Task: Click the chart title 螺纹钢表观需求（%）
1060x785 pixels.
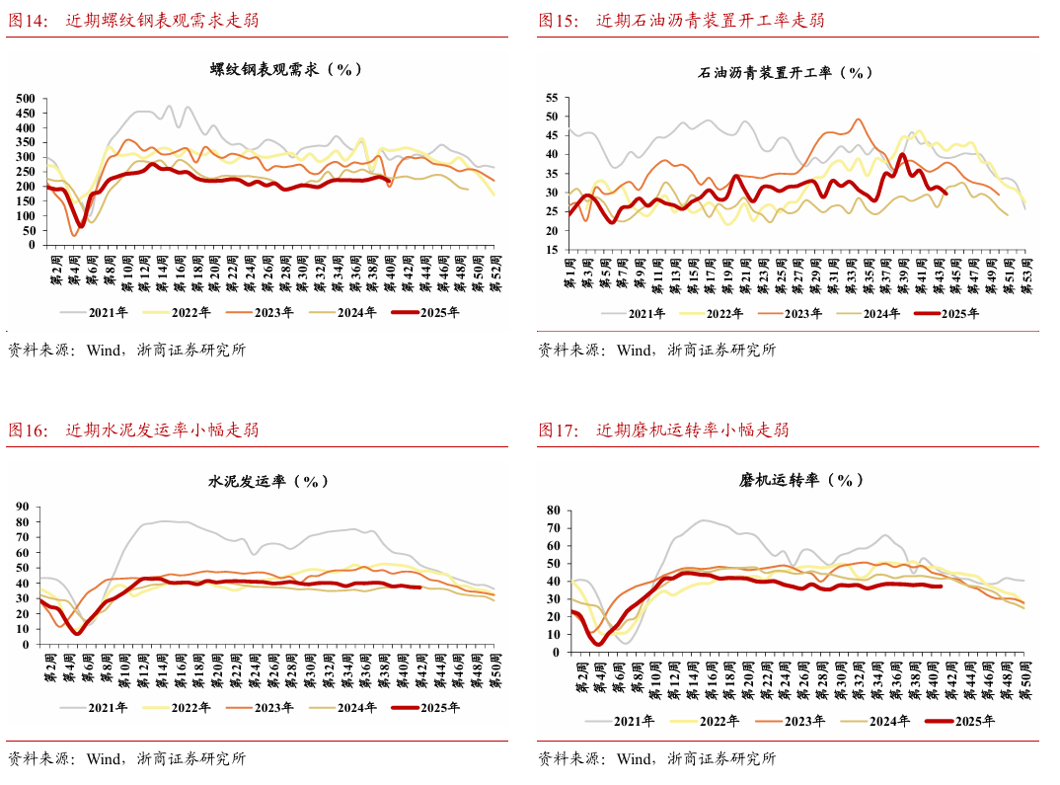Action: [286, 70]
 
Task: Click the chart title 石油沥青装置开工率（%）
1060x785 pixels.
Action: [786, 72]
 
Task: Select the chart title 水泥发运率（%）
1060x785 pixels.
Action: [267, 482]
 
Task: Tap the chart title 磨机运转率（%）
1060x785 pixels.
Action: [801, 481]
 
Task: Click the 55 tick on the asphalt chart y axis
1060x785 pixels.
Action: [551, 98]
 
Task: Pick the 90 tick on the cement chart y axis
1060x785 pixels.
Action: [22, 508]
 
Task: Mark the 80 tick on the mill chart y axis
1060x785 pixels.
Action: [553, 510]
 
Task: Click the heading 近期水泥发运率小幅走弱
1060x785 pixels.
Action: [163, 430]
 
